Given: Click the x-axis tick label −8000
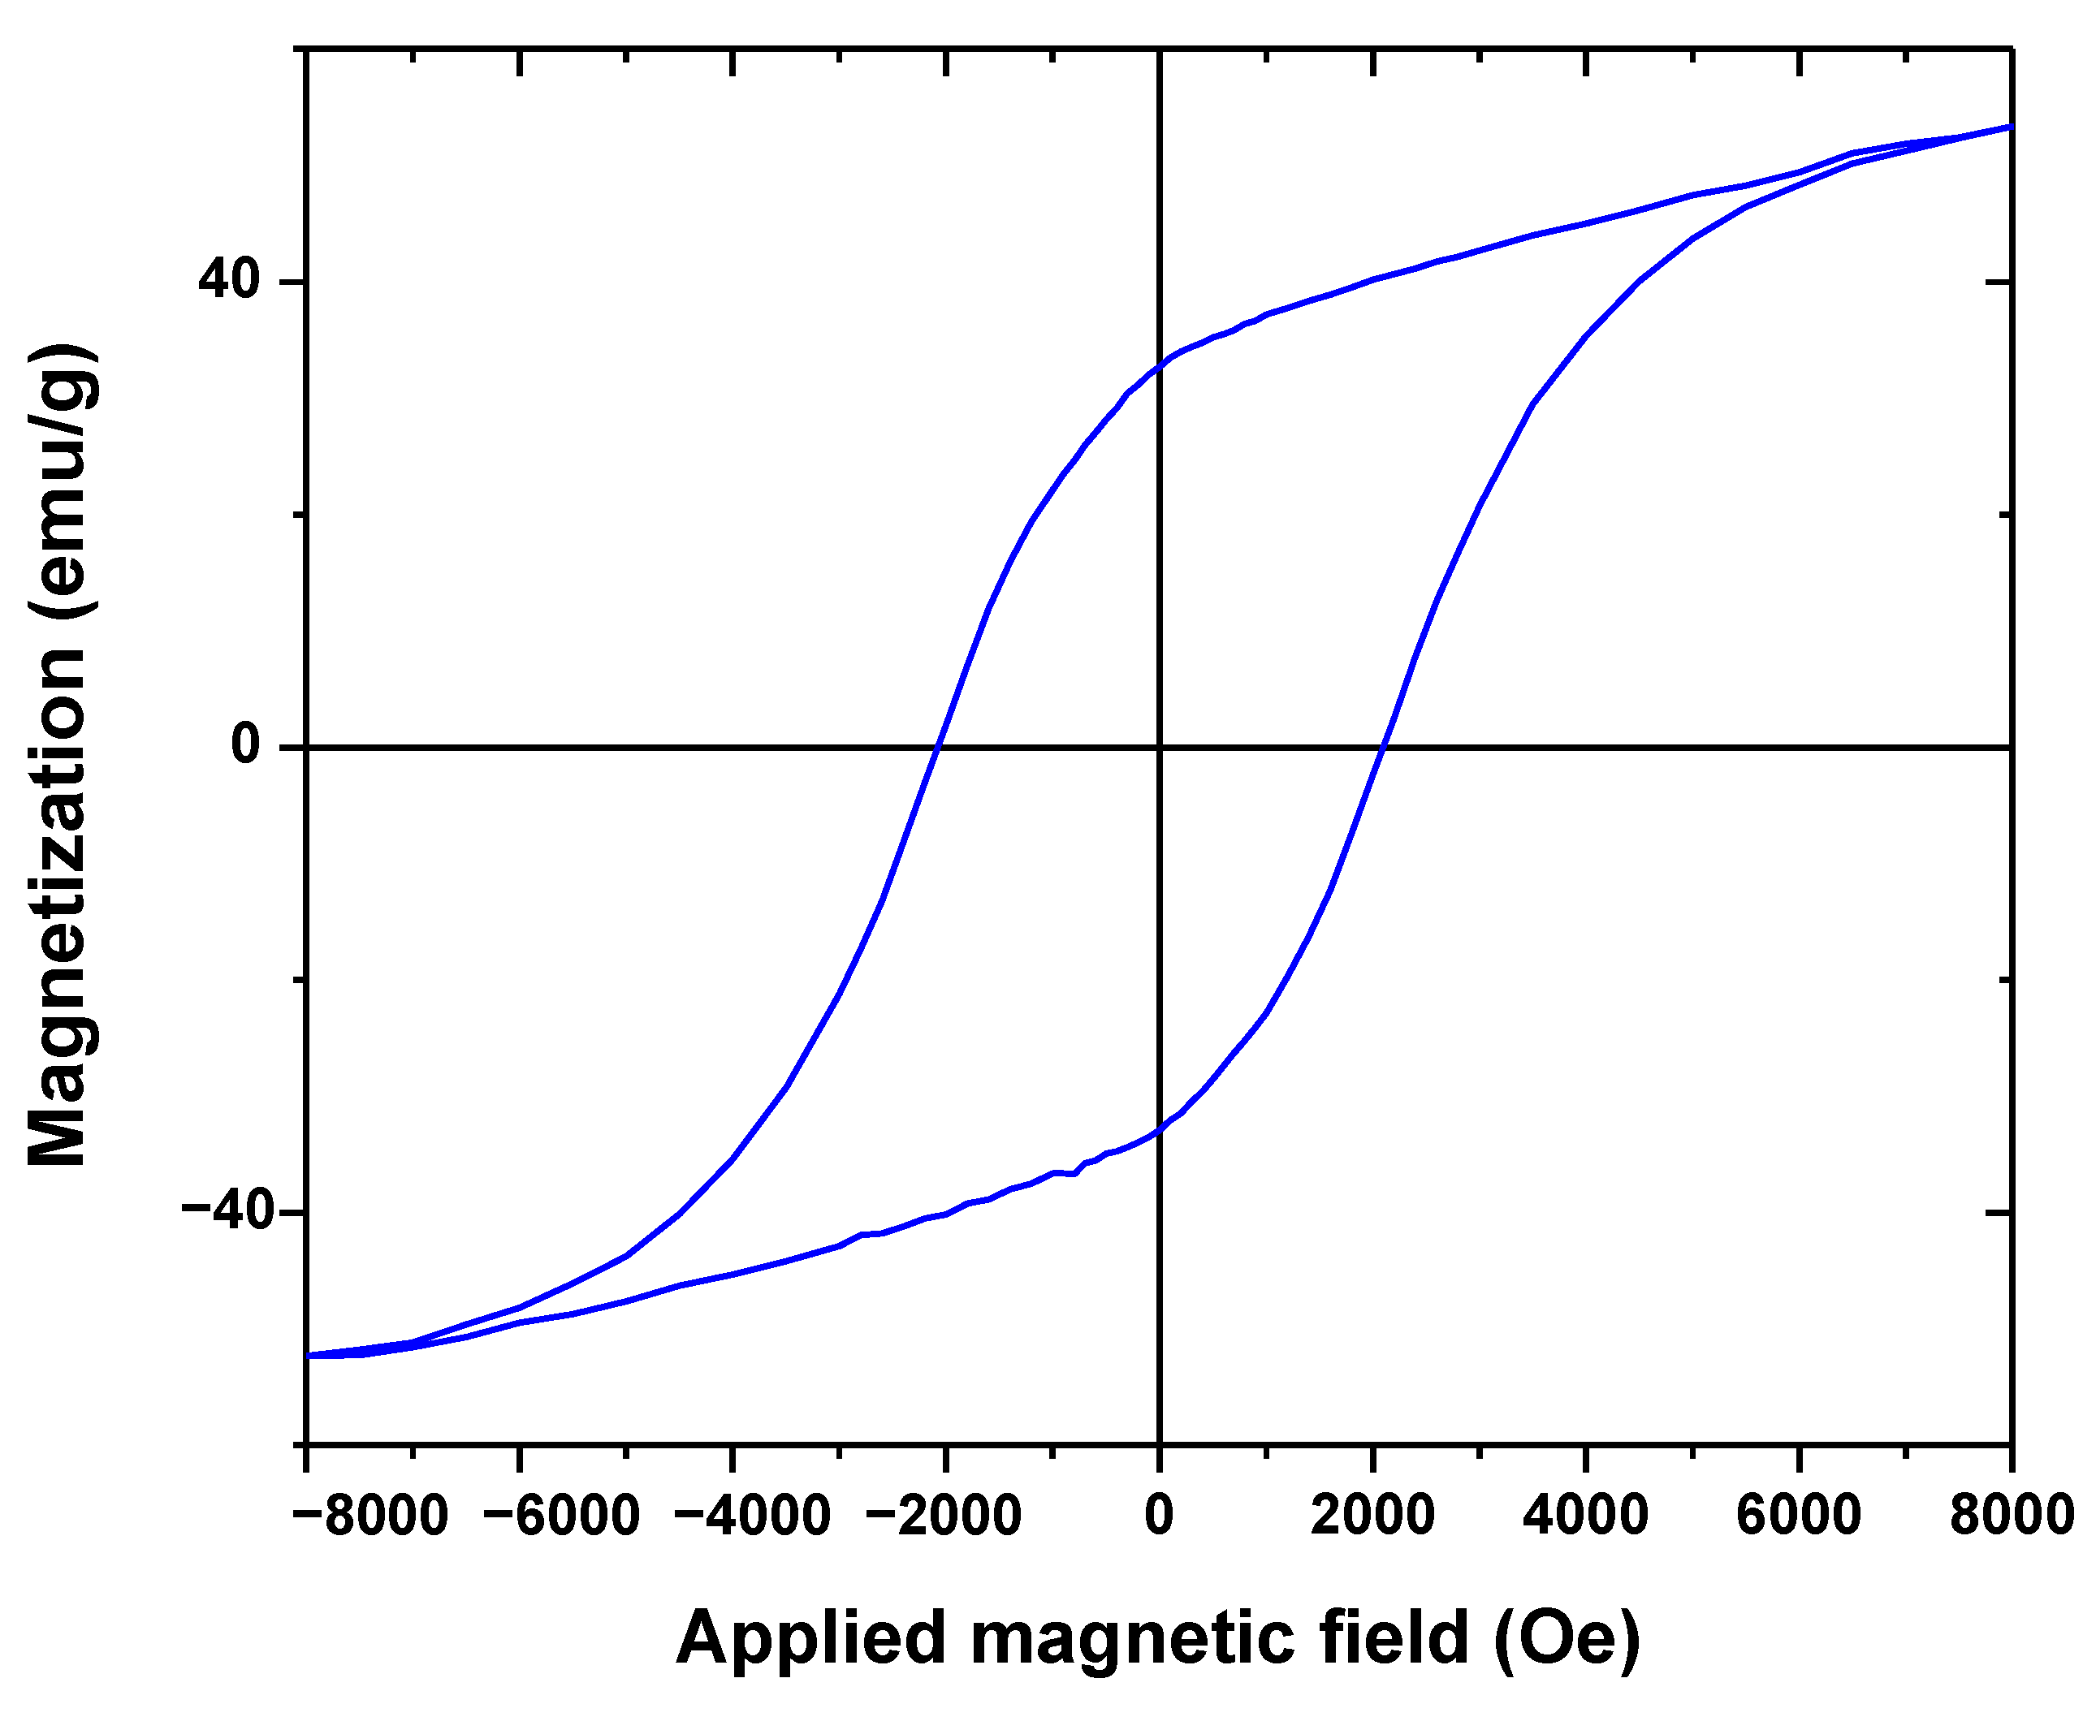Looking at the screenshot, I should [x=372, y=1515].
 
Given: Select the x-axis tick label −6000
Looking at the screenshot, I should [x=562, y=1515].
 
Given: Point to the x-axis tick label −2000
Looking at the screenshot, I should [x=943, y=1515].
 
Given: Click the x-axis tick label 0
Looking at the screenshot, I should [x=1158, y=1515].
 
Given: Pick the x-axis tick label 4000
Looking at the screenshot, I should [x=1584, y=1515].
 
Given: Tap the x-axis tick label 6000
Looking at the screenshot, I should [x=1798, y=1515].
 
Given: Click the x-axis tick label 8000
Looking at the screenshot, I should [x=2011, y=1515].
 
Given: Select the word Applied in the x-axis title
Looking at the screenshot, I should [x=811, y=1638].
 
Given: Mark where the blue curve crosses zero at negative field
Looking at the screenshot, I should [x=936, y=747].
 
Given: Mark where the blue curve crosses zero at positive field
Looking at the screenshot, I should [x=1383, y=747].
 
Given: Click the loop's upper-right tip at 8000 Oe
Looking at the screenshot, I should [x=2010, y=127].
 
